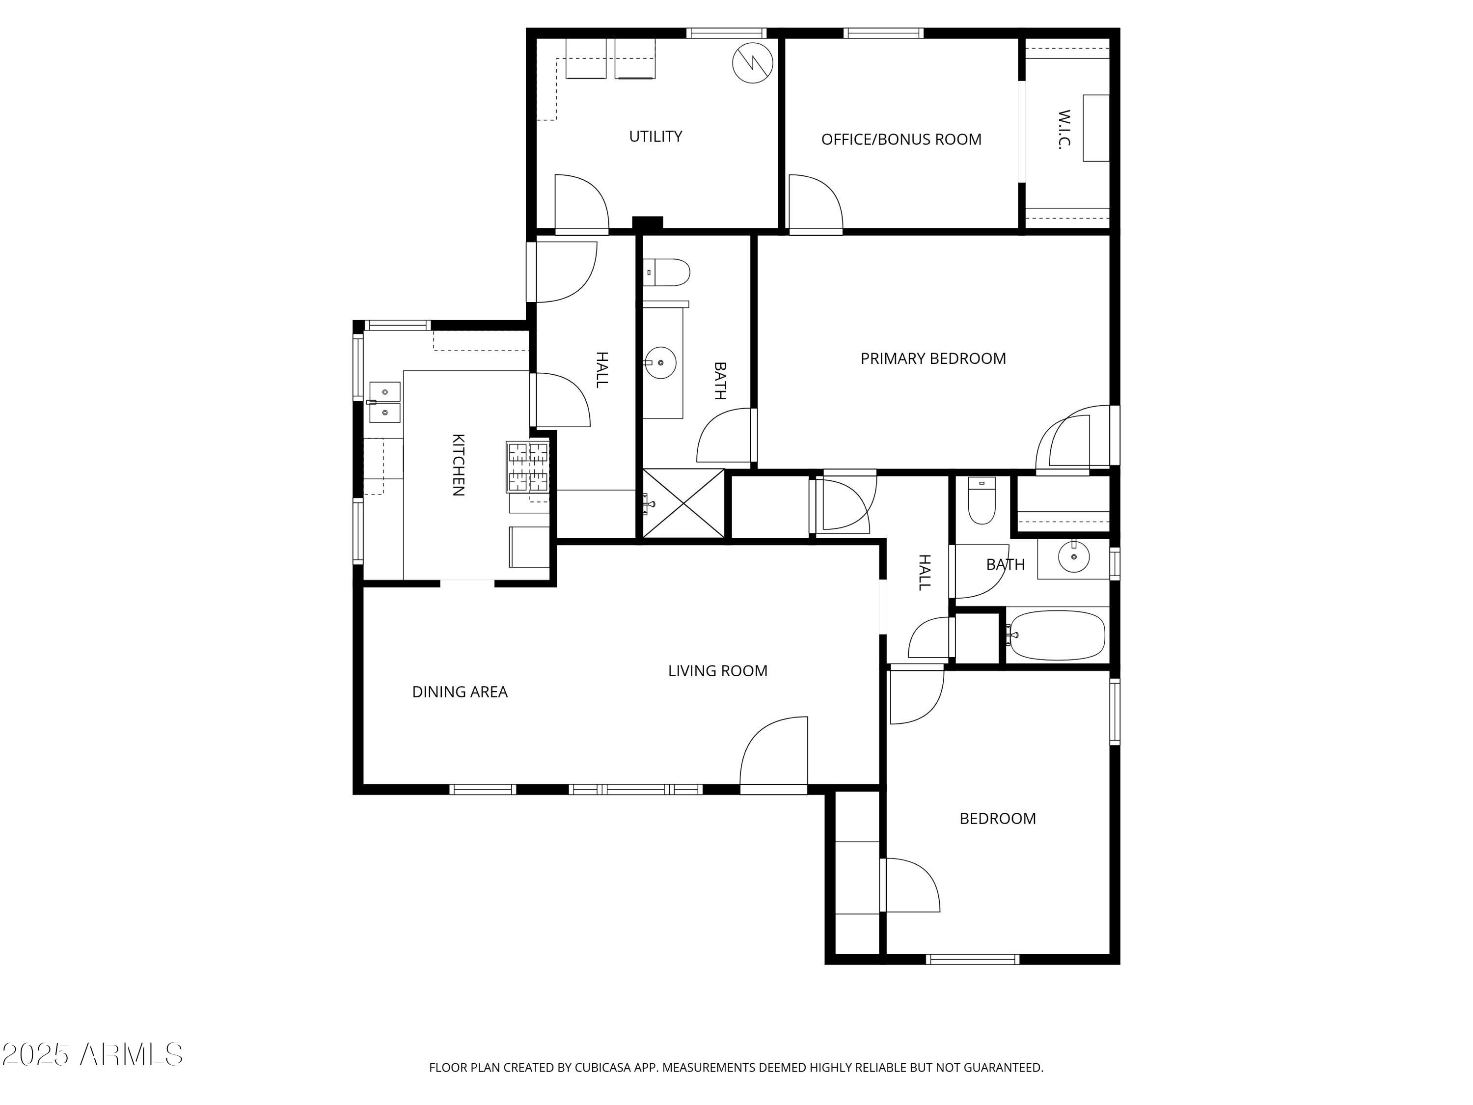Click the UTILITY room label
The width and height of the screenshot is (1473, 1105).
point(655,137)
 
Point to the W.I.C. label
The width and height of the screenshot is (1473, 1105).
point(1064,130)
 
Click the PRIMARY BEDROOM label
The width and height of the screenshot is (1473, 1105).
point(932,359)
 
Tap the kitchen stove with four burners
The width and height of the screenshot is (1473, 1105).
point(528,467)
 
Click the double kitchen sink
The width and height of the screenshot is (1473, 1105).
point(385,402)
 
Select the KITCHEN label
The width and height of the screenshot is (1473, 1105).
point(458,465)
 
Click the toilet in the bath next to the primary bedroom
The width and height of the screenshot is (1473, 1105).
point(668,273)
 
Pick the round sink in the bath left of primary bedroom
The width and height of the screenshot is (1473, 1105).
point(660,363)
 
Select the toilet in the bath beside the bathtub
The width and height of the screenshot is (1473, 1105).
point(982,503)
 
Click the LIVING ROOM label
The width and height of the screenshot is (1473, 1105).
point(717,671)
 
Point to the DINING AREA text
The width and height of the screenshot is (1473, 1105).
point(460,692)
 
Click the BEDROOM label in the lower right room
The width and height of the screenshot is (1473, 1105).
point(997,819)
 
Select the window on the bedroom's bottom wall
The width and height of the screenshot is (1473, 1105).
point(972,960)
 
